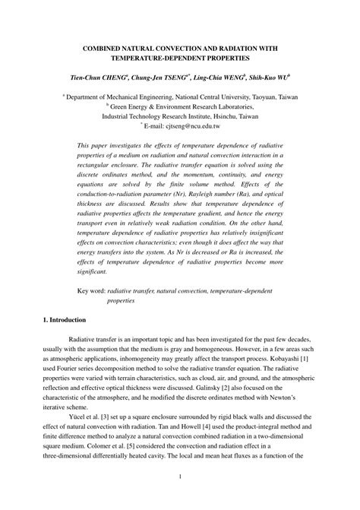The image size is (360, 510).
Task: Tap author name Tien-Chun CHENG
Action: pyautogui.click(x=98, y=78)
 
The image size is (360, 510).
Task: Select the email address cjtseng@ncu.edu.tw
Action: pyautogui.click(x=194, y=126)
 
